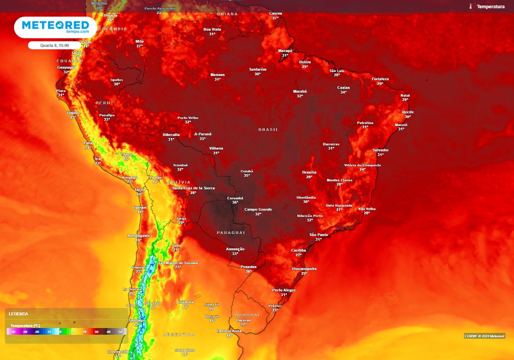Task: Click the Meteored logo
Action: (x=55, y=27)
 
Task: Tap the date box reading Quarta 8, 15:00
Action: (x=55, y=45)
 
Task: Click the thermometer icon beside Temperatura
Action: (x=471, y=7)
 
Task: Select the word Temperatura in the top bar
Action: (x=490, y=7)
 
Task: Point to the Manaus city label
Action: (x=217, y=75)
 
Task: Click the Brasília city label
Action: (x=309, y=172)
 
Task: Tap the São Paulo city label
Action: (x=319, y=234)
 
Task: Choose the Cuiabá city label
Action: (x=246, y=171)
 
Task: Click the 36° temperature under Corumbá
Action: (x=235, y=202)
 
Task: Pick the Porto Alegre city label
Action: (x=284, y=290)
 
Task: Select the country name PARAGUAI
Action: (x=230, y=233)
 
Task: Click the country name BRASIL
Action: (x=268, y=130)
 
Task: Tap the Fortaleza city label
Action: (x=380, y=79)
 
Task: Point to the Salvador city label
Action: (x=380, y=150)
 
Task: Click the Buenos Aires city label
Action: (x=230, y=331)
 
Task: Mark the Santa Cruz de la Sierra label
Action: (x=193, y=188)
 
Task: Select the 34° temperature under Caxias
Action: (x=343, y=92)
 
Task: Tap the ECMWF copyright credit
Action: (x=484, y=336)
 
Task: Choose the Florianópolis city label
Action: (x=304, y=269)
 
